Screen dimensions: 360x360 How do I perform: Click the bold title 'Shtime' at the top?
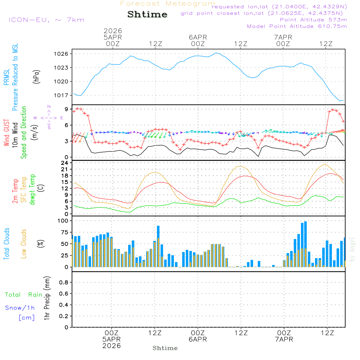(x=148, y=14)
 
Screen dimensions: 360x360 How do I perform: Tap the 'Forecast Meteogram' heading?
(x=168, y=4)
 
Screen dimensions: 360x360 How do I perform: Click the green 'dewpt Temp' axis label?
(x=32, y=190)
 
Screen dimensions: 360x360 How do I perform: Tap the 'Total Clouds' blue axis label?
(x=6, y=244)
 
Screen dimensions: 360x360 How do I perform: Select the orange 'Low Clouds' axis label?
(x=24, y=244)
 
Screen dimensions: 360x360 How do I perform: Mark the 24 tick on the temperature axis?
(x=65, y=163)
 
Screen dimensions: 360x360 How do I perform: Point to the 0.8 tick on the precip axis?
(x=63, y=283)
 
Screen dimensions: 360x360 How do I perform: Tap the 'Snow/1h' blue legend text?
(x=20, y=308)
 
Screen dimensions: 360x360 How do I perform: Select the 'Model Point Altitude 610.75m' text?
(x=297, y=26)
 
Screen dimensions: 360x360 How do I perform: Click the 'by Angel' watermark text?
(x=352, y=249)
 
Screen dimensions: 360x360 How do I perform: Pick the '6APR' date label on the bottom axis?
(x=198, y=339)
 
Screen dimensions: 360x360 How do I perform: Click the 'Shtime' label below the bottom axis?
(x=165, y=348)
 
